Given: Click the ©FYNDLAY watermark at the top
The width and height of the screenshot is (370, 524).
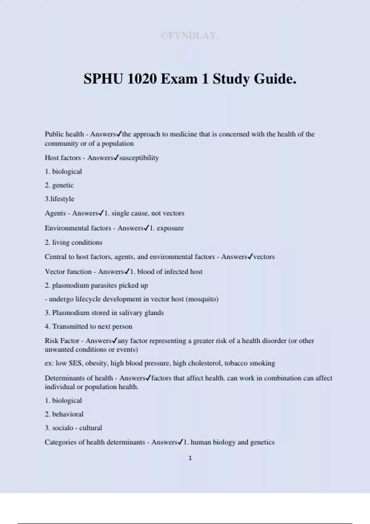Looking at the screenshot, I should click(x=190, y=36).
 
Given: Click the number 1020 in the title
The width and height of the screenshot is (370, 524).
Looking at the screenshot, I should click(x=142, y=79).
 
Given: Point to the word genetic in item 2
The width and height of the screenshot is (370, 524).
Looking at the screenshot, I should click(x=63, y=185).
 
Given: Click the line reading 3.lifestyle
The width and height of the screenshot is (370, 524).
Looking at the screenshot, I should click(x=60, y=199).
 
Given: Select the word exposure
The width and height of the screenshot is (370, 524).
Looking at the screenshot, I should click(x=170, y=228).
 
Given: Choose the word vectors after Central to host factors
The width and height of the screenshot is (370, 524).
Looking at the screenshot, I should click(x=264, y=257).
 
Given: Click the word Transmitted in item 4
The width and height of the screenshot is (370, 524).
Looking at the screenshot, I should click(x=70, y=326).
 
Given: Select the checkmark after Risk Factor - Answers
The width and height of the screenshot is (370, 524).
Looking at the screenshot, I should click(x=114, y=341).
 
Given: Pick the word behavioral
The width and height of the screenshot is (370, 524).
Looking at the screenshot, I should click(x=68, y=414).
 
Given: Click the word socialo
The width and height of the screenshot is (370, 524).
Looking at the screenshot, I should click(x=63, y=428).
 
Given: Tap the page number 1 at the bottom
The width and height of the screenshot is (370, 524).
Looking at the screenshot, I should click(x=190, y=458).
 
